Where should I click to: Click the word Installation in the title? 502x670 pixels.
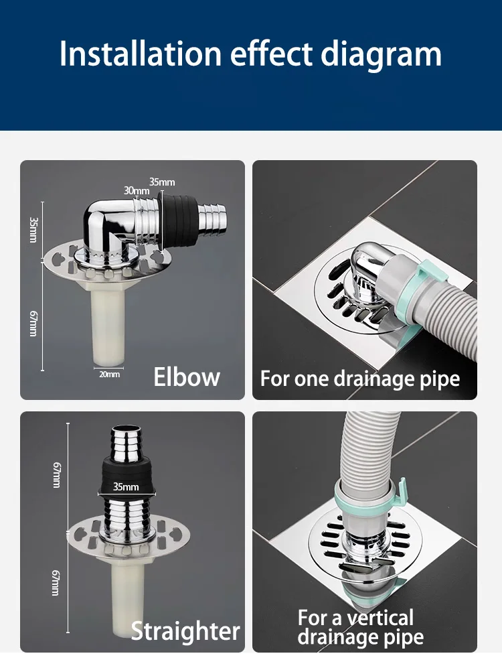tap(141, 54)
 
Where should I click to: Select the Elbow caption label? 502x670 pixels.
tap(187, 377)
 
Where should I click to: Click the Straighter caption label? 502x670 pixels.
tap(185, 631)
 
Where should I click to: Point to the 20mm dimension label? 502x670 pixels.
tap(109, 375)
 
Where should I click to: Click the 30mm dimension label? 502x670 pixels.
tap(137, 190)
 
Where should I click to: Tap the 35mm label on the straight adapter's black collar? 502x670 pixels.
tap(126, 486)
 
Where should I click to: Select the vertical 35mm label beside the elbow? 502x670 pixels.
tap(33, 230)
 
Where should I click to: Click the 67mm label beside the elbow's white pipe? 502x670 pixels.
tap(33, 324)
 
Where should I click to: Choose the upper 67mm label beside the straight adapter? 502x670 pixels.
tap(56, 475)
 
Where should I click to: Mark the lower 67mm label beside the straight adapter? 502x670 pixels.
tap(56, 582)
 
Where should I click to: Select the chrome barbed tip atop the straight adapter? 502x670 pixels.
tap(126, 443)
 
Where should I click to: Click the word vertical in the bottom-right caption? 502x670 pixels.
tap(380, 618)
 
